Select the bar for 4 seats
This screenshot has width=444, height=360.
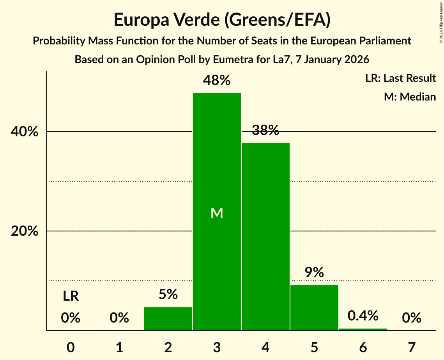(265, 236)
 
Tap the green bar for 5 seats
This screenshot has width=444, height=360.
(314, 308)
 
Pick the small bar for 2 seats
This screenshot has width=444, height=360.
(168, 319)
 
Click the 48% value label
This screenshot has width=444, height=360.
(217, 81)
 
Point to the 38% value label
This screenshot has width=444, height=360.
(265, 131)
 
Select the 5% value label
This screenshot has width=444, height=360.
(168, 295)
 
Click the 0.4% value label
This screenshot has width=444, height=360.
(363, 316)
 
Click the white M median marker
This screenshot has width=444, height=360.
(217, 213)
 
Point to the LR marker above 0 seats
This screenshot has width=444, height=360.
(71, 296)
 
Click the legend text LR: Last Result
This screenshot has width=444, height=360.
(400, 78)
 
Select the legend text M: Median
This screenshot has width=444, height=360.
(410, 97)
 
